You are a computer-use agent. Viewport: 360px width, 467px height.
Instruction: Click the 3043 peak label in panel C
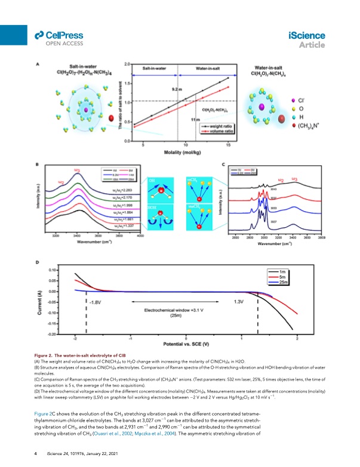click(273, 188)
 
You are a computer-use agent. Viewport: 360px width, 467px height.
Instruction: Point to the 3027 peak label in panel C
click(273, 221)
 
